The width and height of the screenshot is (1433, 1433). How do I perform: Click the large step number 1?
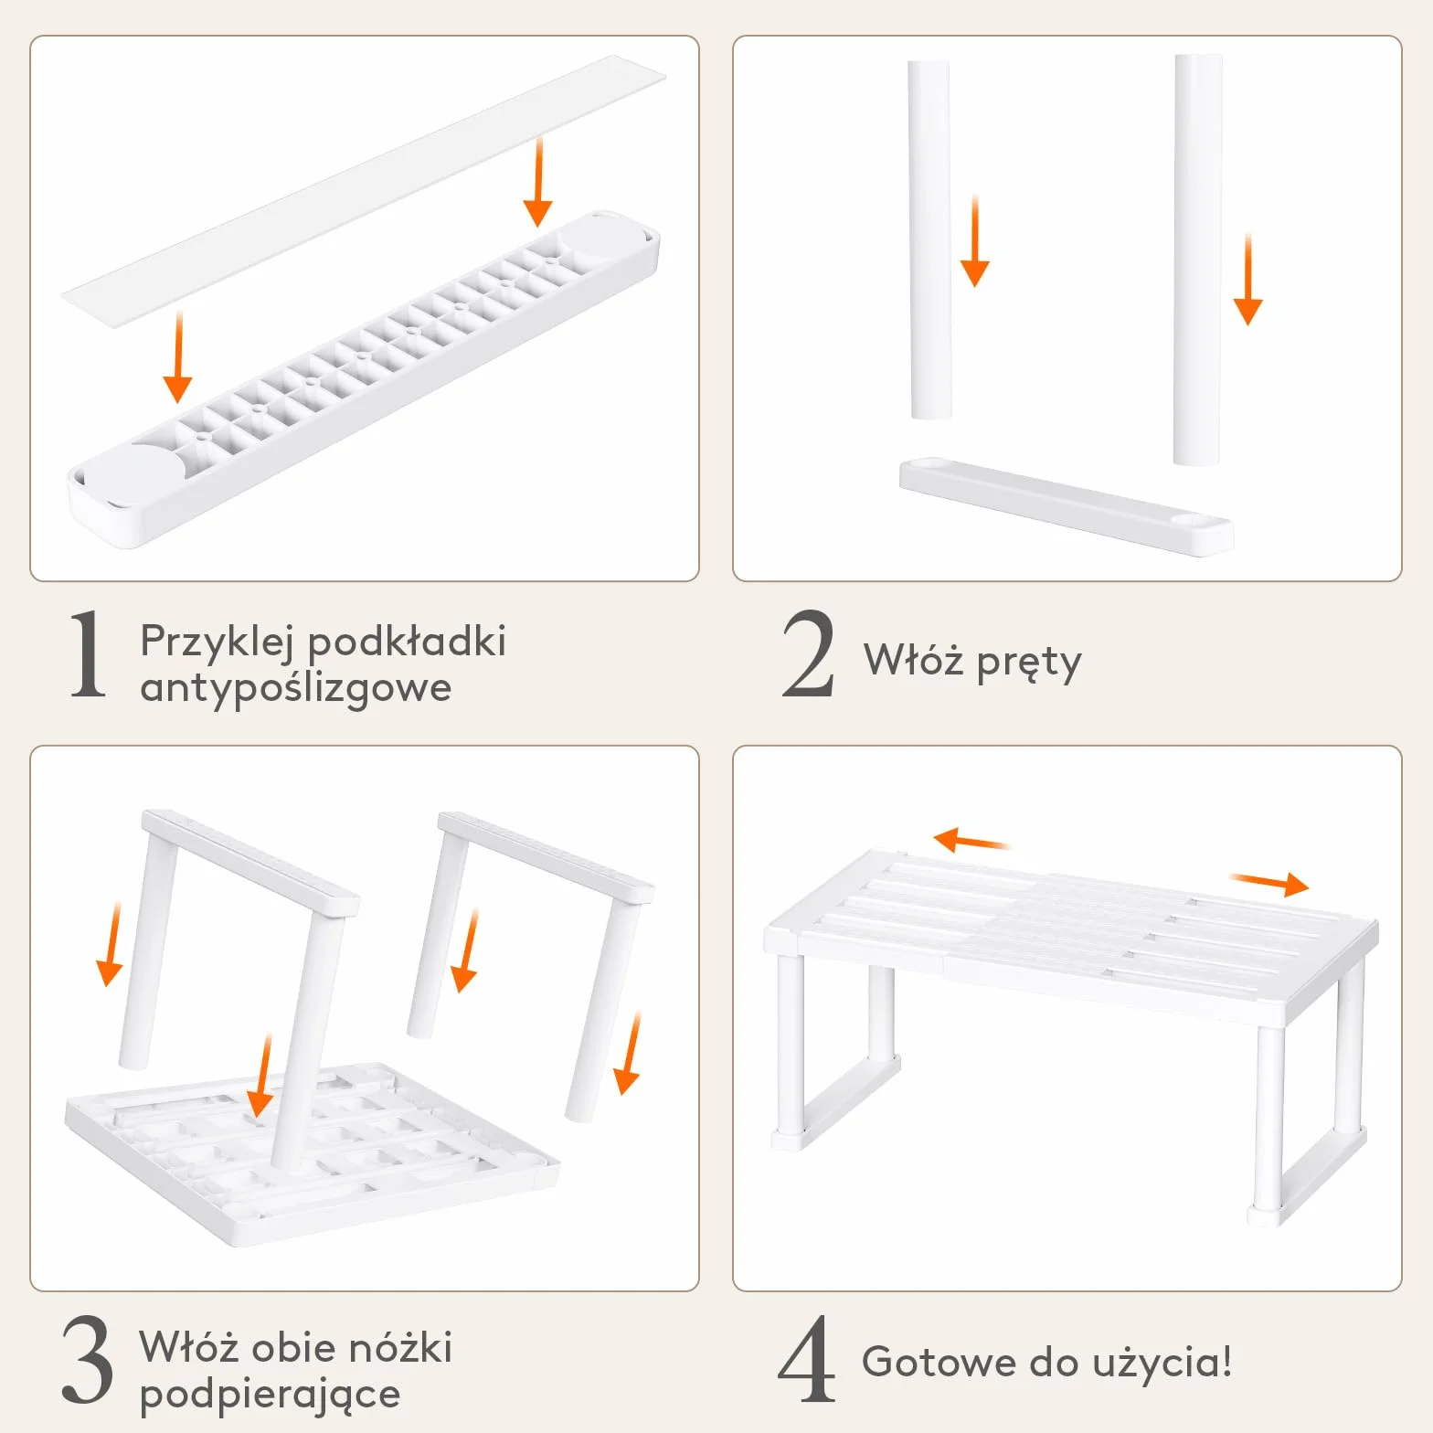point(89,654)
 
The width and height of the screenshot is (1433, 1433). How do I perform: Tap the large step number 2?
point(808,653)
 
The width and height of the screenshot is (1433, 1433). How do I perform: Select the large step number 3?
point(88,1359)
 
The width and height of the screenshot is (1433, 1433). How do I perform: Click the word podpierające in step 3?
point(271,1396)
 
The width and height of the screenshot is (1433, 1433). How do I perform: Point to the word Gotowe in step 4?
point(939,1362)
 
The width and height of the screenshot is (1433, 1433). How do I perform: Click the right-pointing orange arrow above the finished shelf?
point(1269,883)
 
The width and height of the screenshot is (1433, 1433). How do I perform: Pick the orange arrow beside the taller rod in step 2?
point(1247,280)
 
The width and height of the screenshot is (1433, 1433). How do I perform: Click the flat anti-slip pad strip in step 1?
point(364,191)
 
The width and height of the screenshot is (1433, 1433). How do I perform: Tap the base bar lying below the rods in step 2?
point(1067,506)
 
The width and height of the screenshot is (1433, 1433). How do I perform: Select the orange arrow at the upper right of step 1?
point(538,182)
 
